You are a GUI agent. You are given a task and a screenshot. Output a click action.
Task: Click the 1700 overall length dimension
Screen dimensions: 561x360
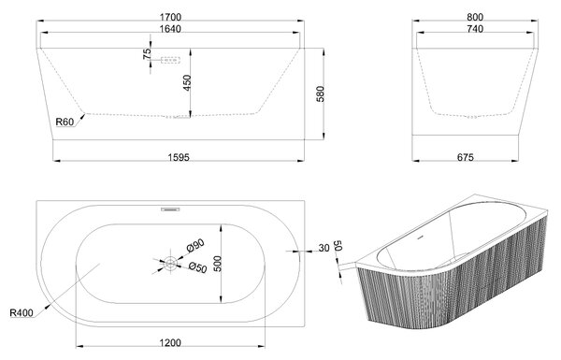171,17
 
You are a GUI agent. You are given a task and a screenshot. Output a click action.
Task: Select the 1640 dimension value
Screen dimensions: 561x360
170,29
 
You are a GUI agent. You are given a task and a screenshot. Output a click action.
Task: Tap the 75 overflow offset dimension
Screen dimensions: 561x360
147,53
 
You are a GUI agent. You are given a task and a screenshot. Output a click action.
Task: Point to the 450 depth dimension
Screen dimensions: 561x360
187,82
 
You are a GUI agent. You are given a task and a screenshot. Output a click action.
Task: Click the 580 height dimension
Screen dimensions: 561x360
320,94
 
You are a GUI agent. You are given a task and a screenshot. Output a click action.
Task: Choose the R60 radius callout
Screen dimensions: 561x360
65,122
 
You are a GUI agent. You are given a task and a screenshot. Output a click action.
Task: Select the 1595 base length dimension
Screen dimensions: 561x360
179,157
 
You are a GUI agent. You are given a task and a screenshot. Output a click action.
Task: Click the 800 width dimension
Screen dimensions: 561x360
475,17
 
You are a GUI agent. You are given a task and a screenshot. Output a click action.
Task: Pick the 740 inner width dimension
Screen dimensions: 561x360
475,29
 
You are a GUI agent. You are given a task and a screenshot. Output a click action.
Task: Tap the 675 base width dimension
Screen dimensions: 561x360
465,157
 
